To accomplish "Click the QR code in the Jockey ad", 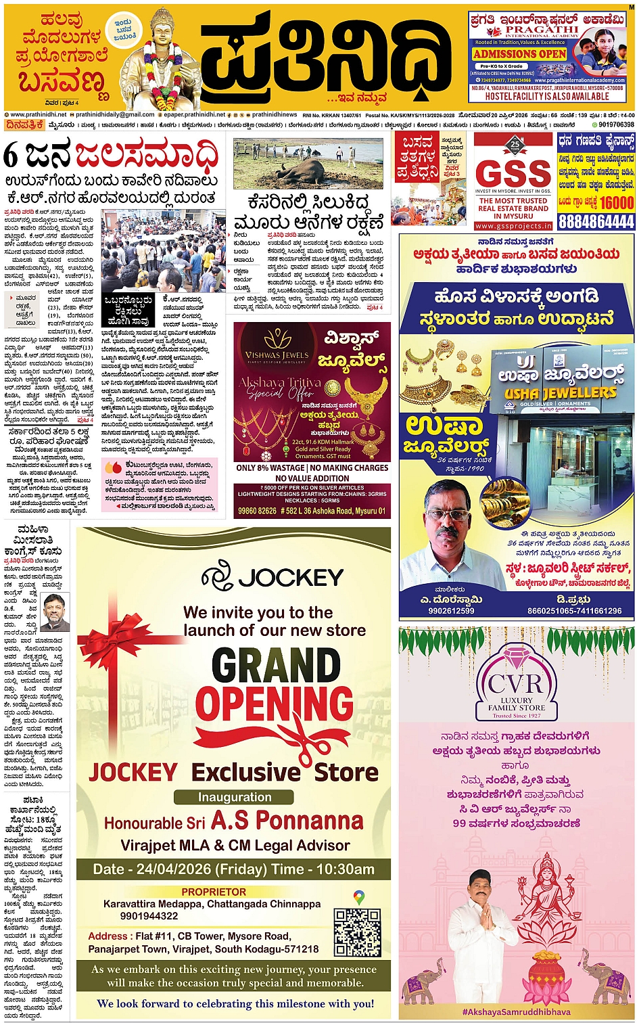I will (357, 932).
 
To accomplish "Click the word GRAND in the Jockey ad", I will (276, 666).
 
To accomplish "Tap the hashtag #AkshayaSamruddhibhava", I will (516, 1012).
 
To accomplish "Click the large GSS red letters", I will (513, 174).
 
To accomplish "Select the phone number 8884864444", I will (596, 222).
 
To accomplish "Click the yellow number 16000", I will (617, 202).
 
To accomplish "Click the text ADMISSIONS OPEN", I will (519, 54).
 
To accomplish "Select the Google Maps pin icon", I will (359, 898).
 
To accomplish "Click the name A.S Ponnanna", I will (287, 821).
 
